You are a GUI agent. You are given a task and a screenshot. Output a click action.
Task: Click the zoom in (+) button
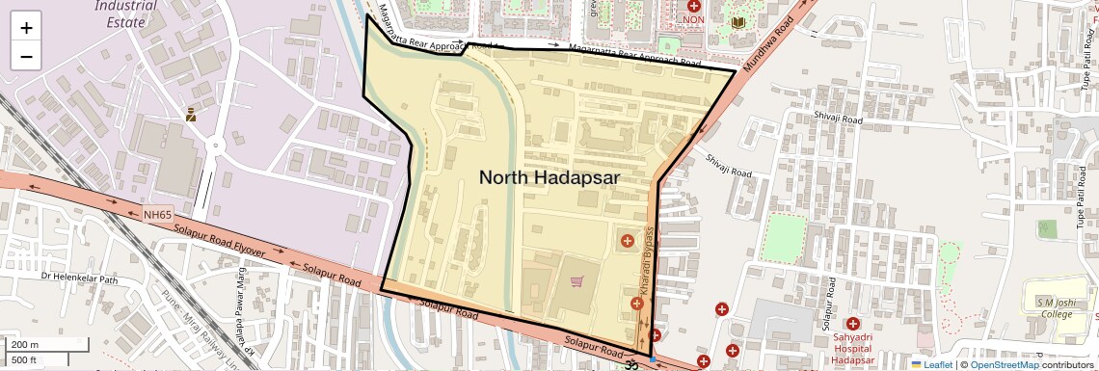pyautogui.click(x=26, y=27)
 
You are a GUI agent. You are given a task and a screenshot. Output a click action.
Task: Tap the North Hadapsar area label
pyautogui.click(x=549, y=177)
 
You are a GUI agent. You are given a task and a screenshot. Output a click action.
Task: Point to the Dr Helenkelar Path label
pyautogui.click(x=78, y=278)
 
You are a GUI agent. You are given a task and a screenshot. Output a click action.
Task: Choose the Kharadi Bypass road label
pyautogui.click(x=648, y=260)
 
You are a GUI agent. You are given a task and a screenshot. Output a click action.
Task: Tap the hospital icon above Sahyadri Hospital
pyautogui.click(x=852, y=324)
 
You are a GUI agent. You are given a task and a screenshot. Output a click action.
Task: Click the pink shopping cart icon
pyautogui.click(x=576, y=281)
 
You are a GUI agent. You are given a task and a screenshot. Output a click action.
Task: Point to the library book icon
pyautogui.click(x=738, y=22)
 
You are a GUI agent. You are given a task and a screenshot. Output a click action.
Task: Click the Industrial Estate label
pyautogui.click(x=126, y=13)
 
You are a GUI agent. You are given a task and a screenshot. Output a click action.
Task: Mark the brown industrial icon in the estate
pyautogui.click(x=191, y=115)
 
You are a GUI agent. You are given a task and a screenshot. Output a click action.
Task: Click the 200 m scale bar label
pyautogui.click(x=26, y=344)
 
